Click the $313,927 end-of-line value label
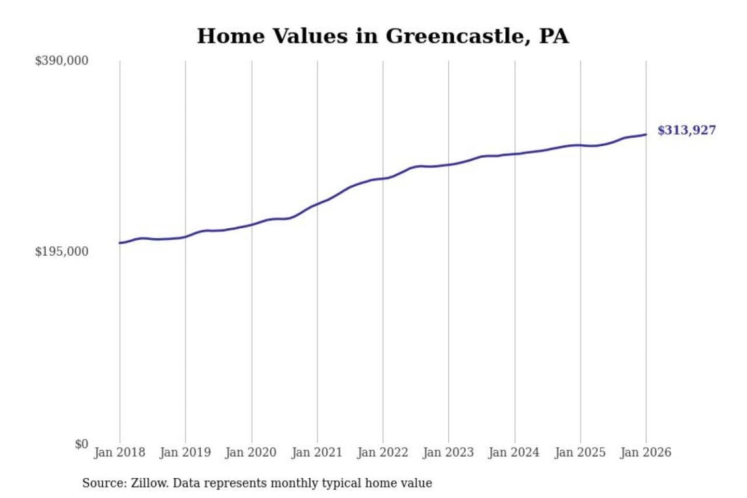686,130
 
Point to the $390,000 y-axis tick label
61,61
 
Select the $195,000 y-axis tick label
61,252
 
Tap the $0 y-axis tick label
81,444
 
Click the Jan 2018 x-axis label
119,452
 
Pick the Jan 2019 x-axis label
185,452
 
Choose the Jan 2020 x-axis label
251,452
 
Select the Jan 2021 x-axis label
317,452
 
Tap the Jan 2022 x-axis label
383,452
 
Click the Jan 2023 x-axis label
448,452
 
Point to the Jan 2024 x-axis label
514,452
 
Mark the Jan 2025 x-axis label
580,452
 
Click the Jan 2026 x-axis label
646,452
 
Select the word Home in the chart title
231,36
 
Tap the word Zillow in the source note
149,483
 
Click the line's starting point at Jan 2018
120,243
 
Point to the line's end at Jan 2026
646,135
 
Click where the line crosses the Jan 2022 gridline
383,178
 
